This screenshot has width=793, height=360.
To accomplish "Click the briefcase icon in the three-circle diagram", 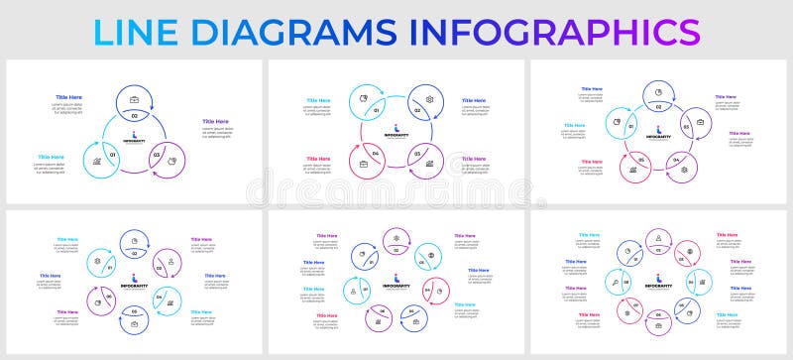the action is [135, 99].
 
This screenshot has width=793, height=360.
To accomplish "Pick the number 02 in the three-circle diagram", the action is [135, 116].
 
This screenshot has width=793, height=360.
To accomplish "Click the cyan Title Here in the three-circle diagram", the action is [51, 157].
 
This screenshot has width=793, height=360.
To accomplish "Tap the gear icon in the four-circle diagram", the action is [429, 99].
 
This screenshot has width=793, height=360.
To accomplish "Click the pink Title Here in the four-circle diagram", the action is [318, 159].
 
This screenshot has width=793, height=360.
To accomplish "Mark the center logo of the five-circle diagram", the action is [658, 133].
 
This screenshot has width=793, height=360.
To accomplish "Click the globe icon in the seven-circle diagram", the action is [430, 255].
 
